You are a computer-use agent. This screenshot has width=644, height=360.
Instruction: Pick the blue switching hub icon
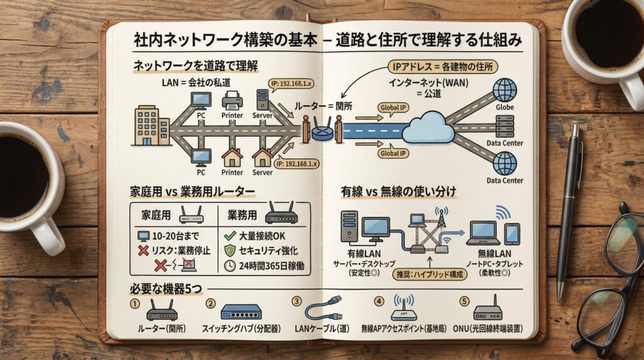(x=241, y=312)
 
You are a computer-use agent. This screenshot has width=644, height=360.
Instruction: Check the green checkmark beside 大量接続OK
(x=229, y=237)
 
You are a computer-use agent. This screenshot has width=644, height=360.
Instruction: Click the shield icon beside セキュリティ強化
(x=230, y=251)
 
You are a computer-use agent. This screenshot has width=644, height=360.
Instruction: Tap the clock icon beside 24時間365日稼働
(x=230, y=266)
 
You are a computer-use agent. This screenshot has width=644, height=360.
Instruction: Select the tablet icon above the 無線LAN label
(x=512, y=233)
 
